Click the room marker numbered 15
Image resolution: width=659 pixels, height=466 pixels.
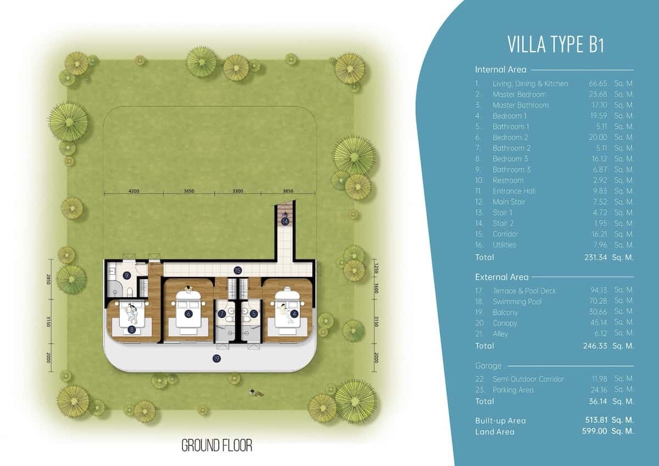click(238, 270)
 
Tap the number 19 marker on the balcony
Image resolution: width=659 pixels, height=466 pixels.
click(216, 358)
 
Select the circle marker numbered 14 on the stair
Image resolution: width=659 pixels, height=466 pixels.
click(285, 221)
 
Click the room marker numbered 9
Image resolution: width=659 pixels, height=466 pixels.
click(127, 275)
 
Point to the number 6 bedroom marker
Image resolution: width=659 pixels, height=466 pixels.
click(188, 314)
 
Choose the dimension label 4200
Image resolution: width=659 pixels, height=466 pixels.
click(134, 191)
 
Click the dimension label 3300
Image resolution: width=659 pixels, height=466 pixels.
click(238, 191)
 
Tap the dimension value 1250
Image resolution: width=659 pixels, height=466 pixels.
click(376, 268)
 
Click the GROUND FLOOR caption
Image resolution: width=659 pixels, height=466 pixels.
click(217, 446)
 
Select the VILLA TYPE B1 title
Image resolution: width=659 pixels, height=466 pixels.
click(555, 45)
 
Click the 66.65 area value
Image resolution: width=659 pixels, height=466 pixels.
click(598, 84)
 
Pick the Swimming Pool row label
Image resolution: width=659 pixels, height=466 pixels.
click(517, 302)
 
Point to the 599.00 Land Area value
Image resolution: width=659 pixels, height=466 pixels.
click(594, 431)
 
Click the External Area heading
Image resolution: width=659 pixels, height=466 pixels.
click(501, 277)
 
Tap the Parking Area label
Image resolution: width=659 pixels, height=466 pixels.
click(513, 390)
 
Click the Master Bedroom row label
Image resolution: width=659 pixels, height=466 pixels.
click(520, 95)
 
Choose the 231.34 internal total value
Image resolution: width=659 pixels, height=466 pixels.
click(595, 257)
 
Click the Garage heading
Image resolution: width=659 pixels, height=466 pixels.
click(488, 365)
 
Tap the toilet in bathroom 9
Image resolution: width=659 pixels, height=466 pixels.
click(130, 292)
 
